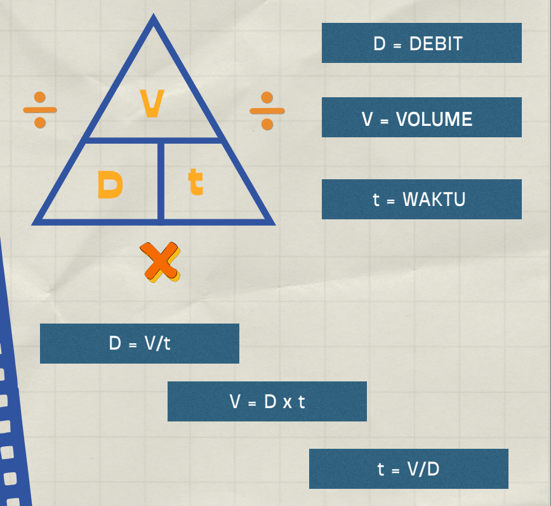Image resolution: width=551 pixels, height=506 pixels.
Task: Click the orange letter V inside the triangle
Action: [x=152, y=104]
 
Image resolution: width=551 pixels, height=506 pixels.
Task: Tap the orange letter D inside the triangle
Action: [x=110, y=185]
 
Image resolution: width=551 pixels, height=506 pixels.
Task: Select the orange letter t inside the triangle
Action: [x=196, y=182]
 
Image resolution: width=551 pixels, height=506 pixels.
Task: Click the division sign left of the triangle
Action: [x=40, y=109]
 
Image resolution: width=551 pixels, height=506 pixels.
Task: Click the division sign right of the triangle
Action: [x=267, y=110]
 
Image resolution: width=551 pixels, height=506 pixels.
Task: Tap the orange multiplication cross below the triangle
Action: [x=160, y=261]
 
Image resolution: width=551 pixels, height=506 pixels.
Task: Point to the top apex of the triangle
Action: [x=153, y=20]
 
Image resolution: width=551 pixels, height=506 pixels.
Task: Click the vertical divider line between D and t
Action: [x=161, y=181]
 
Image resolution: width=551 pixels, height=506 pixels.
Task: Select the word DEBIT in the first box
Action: [x=435, y=44]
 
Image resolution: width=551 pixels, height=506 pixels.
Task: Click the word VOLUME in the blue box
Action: [x=434, y=119]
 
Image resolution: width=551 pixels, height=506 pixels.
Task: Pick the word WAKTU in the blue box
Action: [x=434, y=199]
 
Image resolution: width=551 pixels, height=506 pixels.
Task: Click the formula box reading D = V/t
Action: [x=140, y=343]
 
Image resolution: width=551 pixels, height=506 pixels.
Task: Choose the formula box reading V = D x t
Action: [x=267, y=401]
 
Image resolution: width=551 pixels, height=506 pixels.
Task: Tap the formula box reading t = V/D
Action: [x=409, y=469]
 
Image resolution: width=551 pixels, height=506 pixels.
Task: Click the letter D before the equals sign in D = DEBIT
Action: [x=380, y=44]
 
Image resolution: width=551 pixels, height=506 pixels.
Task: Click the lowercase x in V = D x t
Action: [x=285, y=402]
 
